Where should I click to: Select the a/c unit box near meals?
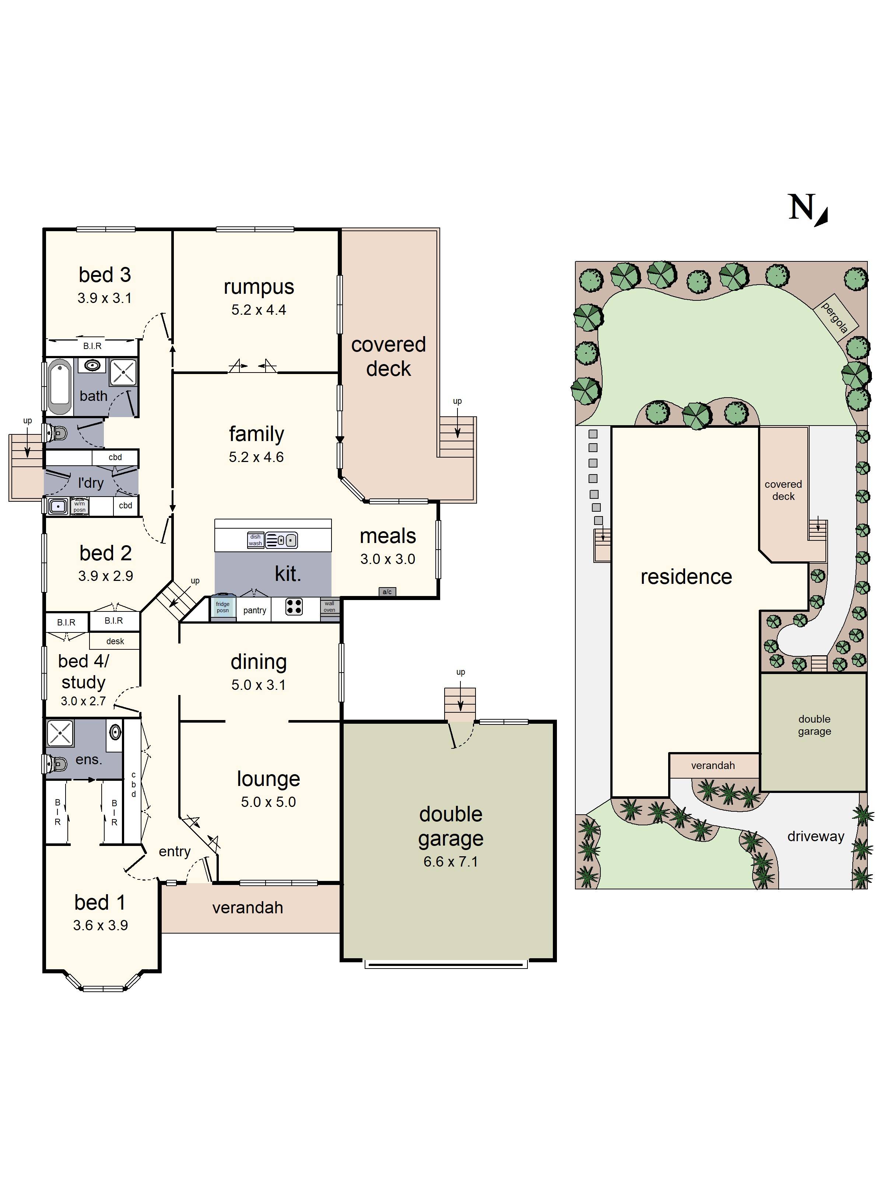coord(387,592)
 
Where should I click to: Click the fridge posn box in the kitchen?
coord(223,607)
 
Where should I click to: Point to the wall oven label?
coord(329,607)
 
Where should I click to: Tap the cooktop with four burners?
coord(294,607)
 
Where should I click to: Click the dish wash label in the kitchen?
coord(255,540)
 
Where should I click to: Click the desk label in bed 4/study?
coord(115,641)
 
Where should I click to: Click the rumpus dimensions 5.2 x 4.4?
coord(259,310)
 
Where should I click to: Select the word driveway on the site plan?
coord(815,837)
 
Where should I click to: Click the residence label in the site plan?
coord(686,577)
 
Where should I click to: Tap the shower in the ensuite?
coord(60,733)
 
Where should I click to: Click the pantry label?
coord(255,610)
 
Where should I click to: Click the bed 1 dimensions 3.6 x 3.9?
coord(100,925)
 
